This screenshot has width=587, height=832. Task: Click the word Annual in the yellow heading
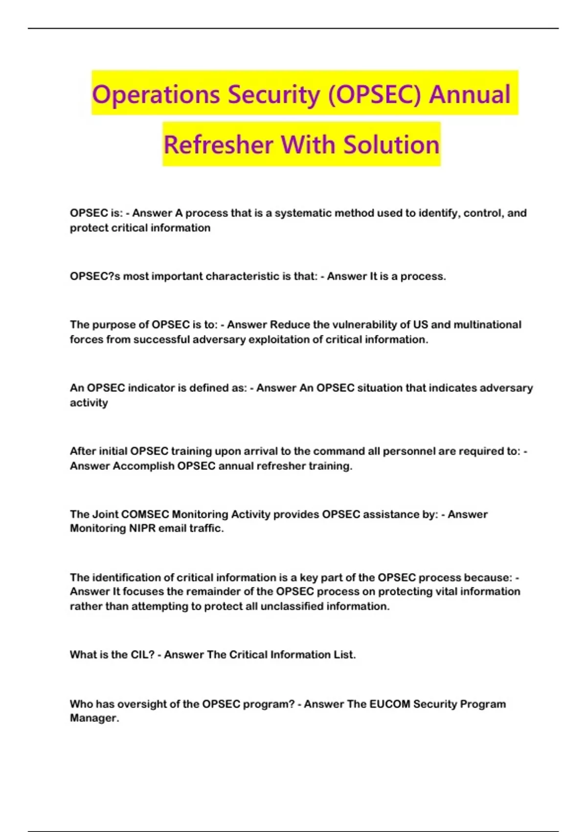pyautogui.click(x=470, y=94)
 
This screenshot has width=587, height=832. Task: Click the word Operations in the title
pyautogui.click(x=155, y=94)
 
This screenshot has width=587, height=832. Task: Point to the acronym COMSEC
pyautogui.click(x=145, y=514)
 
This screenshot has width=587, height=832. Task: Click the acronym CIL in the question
pyautogui.click(x=142, y=655)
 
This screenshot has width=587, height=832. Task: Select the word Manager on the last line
pyautogui.click(x=94, y=718)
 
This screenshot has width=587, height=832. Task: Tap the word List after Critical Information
pyautogui.click(x=344, y=655)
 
